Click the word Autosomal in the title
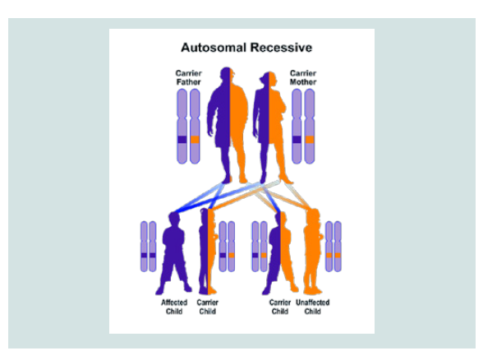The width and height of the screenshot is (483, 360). (214, 48)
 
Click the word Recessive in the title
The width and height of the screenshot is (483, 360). (281, 48)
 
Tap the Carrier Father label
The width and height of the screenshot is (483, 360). (189, 77)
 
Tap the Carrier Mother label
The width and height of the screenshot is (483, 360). (303, 77)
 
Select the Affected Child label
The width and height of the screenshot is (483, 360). (174, 307)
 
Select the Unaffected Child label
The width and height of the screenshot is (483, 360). (313, 307)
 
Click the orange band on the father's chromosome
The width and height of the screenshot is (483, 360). (195, 140)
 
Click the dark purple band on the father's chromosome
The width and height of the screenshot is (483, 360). (182, 140)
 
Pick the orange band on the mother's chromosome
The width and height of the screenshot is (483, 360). (310, 140)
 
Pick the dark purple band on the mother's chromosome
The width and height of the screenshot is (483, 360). (297, 140)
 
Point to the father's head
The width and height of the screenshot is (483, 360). (228, 76)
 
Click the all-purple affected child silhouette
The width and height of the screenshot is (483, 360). (173, 253)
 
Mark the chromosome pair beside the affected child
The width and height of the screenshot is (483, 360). (148, 247)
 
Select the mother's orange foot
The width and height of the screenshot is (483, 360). (285, 179)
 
